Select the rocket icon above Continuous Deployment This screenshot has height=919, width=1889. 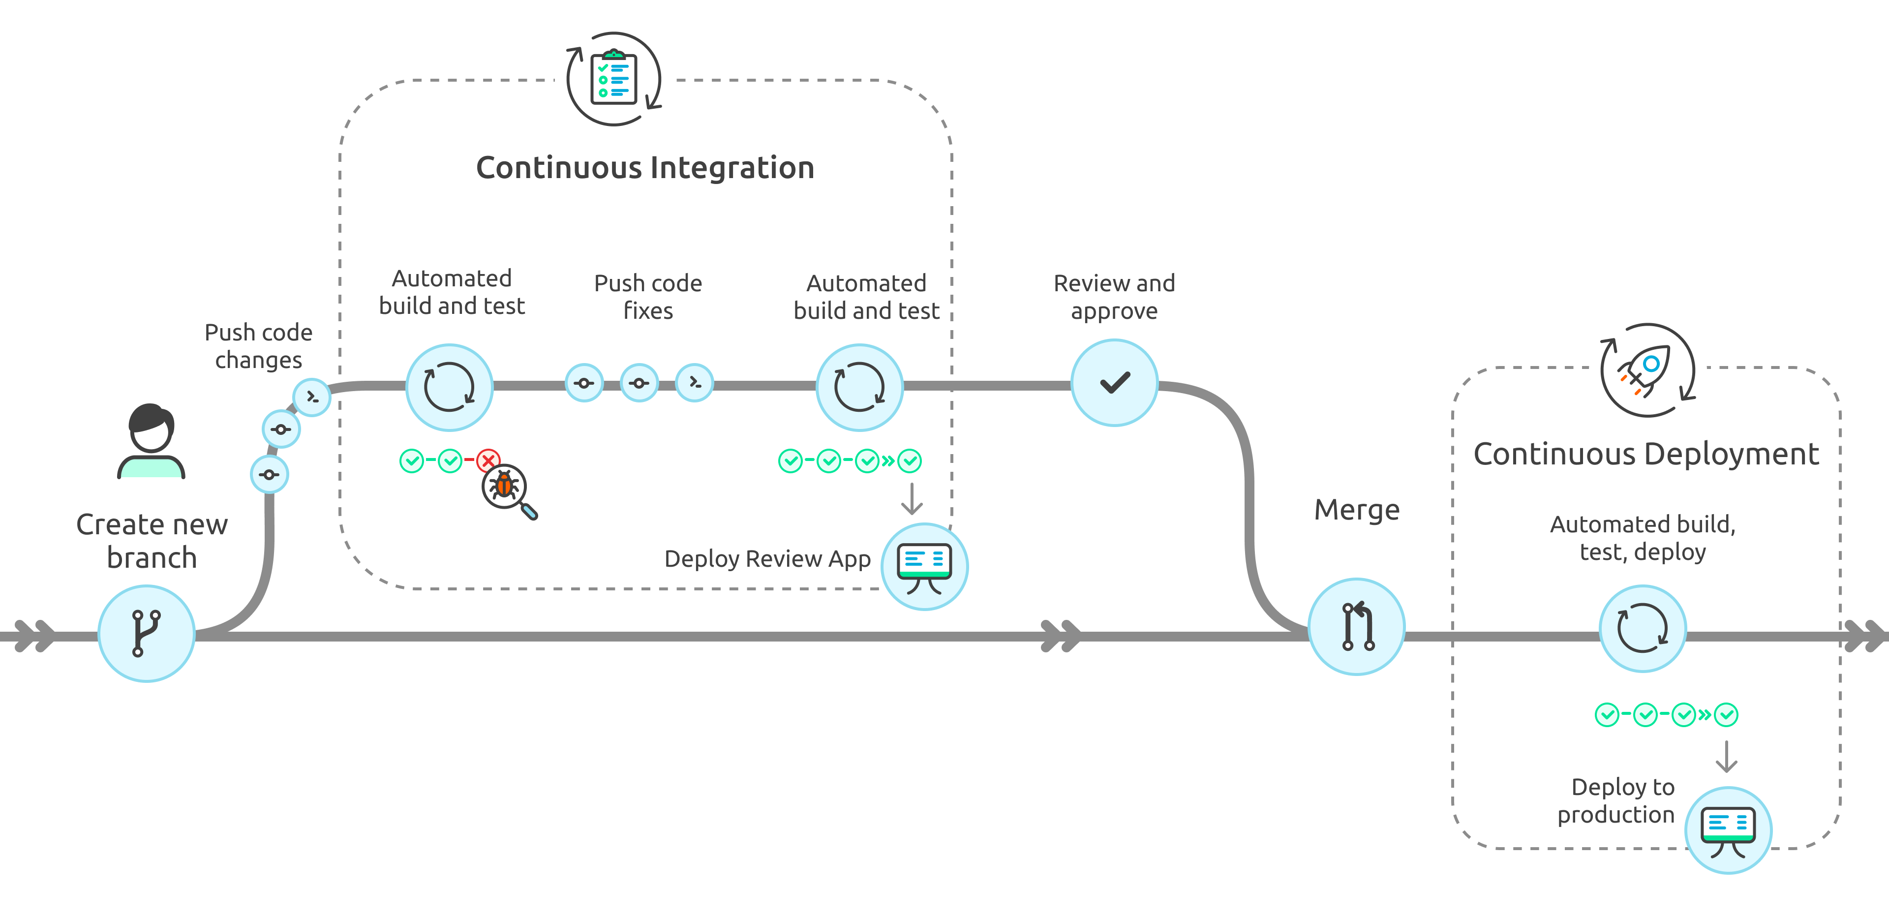click(1647, 370)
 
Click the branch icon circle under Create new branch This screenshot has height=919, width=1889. click(146, 633)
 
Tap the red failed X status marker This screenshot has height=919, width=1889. click(487, 460)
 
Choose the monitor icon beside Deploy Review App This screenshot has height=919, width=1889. click(924, 566)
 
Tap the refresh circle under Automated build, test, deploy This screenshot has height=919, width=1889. click(1642, 628)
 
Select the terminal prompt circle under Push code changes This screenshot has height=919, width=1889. click(312, 397)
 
